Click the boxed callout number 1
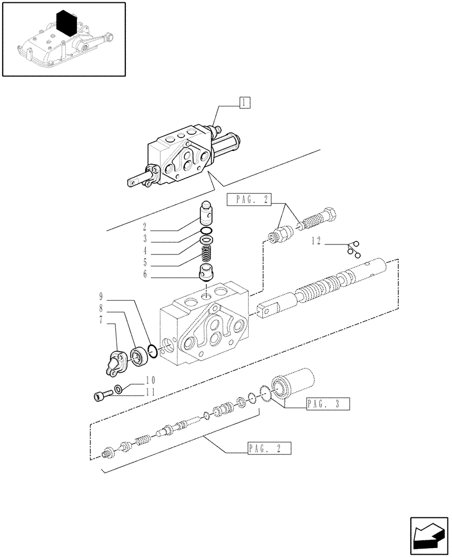point(244,102)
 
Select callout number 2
point(144,227)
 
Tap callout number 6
point(144,273)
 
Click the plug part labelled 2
point(207,212)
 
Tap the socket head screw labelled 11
point(101,396)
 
